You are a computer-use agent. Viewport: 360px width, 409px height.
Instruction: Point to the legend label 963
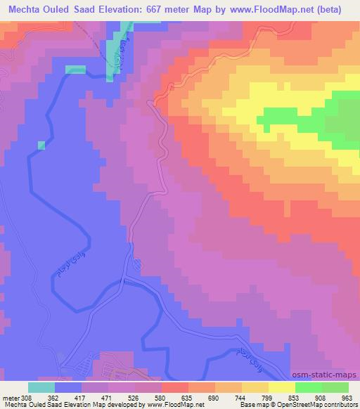pyautogui.click(x=346, y=397)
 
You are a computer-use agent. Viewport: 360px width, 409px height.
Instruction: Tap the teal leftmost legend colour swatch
pyautogui.click(x=41, y=387)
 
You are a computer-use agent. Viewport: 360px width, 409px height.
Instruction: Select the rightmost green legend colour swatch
pyautogui.click(x=335, y=387)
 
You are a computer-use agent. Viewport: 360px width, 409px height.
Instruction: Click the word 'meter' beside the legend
pyautogui.click(x=10, y=397)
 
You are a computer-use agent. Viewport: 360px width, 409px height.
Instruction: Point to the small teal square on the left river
pyautogui.click(x=41, y=145)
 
